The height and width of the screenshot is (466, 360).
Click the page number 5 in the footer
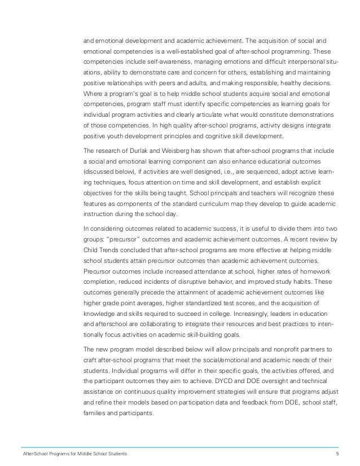tap(337, 454)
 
